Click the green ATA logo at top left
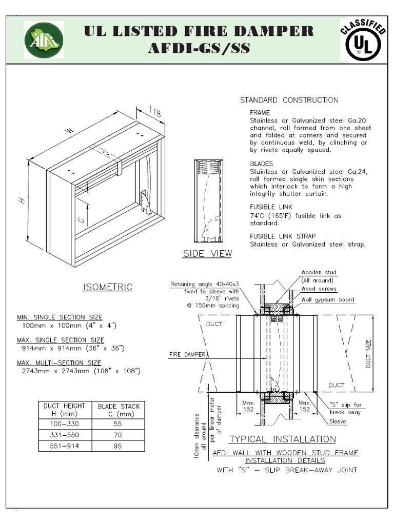(x=44, y=39)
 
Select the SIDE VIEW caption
(x=207, y=254)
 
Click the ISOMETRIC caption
(x=107, y=287)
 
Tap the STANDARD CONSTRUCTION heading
(x=289, y=100)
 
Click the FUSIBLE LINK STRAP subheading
(x=283, y=236)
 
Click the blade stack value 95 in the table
(x=119, y=446)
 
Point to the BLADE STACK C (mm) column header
(x=119, y=410)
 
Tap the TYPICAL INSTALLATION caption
(x=282, y=439)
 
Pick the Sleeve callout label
(x=338, y=421)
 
